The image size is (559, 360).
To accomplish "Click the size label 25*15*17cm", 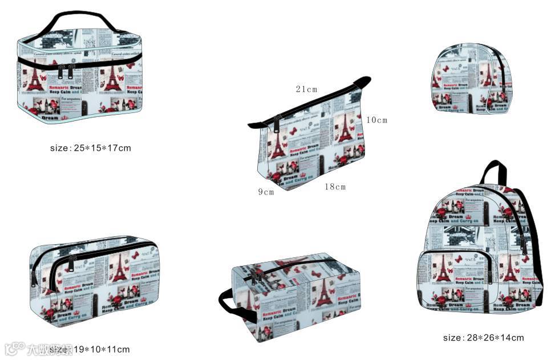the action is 91,148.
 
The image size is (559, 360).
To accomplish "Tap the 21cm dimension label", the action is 306,89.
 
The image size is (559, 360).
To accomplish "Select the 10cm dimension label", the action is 376,120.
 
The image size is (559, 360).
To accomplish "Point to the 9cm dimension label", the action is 266,192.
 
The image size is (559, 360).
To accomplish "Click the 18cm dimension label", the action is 335,187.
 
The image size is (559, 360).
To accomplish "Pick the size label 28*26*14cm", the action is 483,337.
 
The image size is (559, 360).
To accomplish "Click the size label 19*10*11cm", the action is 90,349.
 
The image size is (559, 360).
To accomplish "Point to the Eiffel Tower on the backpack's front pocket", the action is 443,268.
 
